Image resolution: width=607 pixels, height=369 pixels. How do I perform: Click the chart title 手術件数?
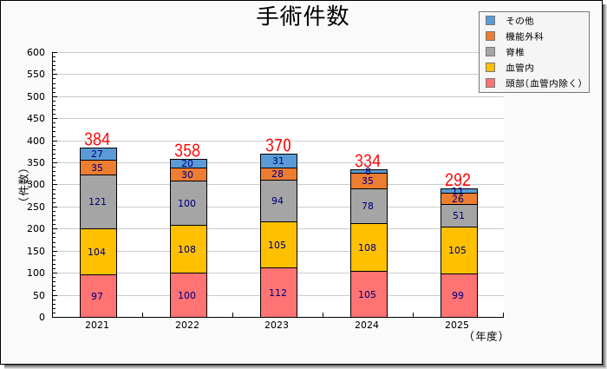coord(303,16)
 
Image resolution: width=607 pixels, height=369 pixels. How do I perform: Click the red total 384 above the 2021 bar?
coord(97,139)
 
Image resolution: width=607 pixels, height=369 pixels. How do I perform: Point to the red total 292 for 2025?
coord(457,180)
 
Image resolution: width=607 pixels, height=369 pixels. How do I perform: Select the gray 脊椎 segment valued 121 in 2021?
coord(98,201)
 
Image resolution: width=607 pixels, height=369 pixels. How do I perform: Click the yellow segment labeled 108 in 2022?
coord(187,249)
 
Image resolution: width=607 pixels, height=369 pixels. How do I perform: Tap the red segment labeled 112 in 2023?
coord(277,293)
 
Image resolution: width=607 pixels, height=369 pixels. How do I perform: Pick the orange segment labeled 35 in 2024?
coord(368,181)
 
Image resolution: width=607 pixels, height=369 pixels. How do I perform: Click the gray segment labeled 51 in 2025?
coord(458,215)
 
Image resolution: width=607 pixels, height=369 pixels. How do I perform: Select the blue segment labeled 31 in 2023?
coord(277,161)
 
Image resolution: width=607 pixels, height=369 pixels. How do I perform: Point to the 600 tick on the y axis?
coord(36,52)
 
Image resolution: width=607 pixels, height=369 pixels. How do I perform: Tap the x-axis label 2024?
coord(368,326)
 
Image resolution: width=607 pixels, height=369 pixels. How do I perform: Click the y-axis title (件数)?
coord(23,184)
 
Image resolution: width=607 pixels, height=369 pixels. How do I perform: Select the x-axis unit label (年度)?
coord(486,336)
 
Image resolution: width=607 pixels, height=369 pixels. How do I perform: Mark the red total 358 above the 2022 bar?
coord(187,150)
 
